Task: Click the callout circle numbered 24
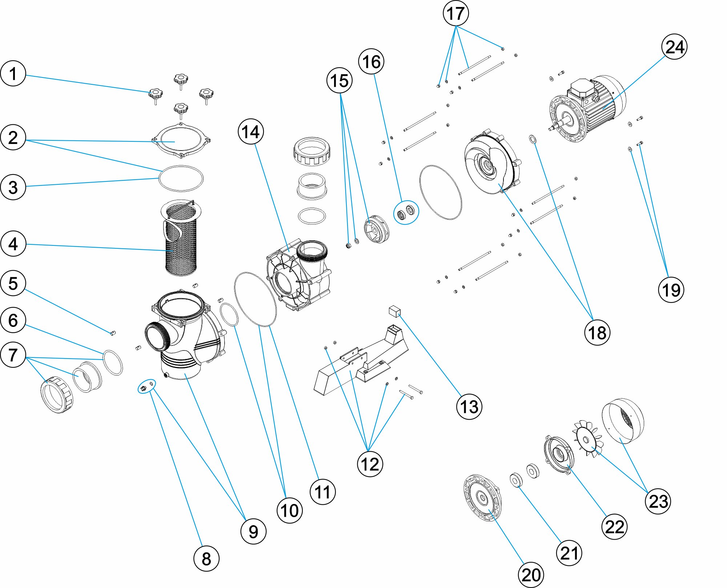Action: (x=674, y=47)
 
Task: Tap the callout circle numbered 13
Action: (x=469, y=407)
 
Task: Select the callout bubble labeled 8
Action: (x=206, y=559)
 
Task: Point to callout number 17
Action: (x=455, y=13)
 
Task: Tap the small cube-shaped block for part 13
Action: (x=394, y=311)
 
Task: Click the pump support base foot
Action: (x=360, y=367)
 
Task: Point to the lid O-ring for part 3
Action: (x=181, y=178)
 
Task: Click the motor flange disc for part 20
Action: (x=483, y=498)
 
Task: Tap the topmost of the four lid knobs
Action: (x=181, y=79)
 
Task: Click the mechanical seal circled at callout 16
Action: (x=406, y=212)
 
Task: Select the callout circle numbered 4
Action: (x=13, y=244)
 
